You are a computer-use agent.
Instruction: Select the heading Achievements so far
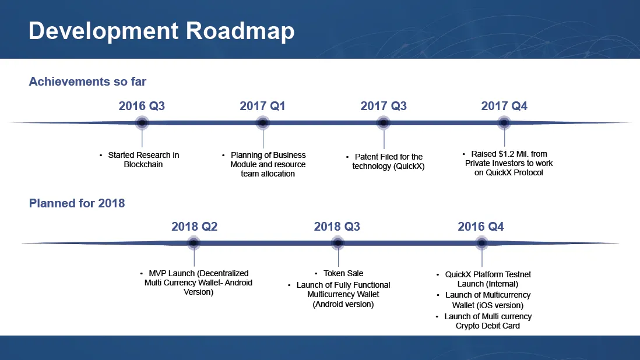coord(87,82)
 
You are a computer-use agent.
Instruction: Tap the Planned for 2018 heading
coord(77,203)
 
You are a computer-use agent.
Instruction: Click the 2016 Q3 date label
coord(142,106)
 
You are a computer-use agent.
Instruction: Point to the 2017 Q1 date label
coord(262,106)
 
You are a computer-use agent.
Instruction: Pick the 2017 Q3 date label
coord(384,106)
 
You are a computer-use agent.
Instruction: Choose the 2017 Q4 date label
coord(504,106)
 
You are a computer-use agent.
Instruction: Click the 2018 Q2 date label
coord(194,227)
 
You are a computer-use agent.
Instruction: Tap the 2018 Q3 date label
coord(337,227)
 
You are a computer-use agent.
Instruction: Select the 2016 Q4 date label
coord(481,227)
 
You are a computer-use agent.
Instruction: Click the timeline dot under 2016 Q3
coord(142,122)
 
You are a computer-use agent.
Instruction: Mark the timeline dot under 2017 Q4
coord(504,122)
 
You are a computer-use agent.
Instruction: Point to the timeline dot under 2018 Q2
coord(194,243)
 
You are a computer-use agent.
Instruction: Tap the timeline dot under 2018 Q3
coord(338,243)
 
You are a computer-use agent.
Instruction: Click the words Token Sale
coord(343,273)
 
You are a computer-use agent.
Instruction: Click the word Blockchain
coord(143,164)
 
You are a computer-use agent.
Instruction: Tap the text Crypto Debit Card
coord(488,326)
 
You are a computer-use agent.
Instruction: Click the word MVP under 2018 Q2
coord(157,273)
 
